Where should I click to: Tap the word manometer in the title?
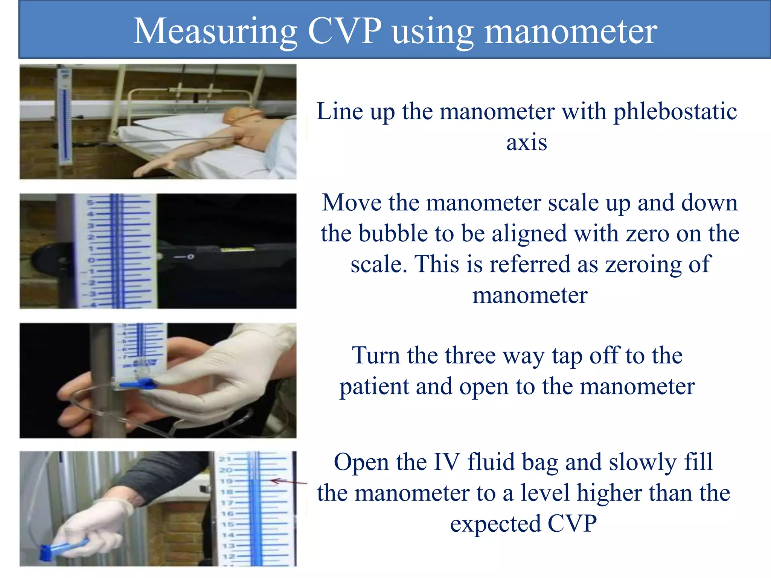coord(570,32)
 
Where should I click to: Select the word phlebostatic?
coord(675,112)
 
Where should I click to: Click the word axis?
coord(526,143)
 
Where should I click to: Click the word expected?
coord(495,524)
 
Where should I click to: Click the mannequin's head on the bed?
coord(237,115)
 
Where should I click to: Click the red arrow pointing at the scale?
coord(288,482)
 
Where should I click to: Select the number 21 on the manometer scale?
coord(225,459)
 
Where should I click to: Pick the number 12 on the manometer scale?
coord(228,556)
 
